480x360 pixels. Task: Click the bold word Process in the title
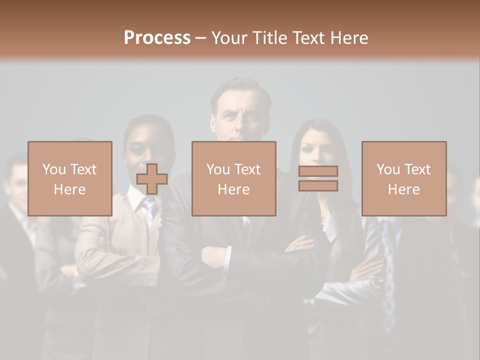pos(157,38)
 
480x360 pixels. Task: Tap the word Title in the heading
pos(268,38)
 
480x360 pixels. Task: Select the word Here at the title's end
pos(349,38)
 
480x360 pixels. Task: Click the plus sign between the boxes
pos(152,179)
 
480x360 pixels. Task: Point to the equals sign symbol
pos(318,178)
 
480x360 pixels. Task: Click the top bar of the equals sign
pos(318,171)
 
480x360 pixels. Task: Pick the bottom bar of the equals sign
pos(318,185)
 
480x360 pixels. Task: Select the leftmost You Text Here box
pos(70,178)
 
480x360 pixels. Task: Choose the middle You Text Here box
pos(233,178)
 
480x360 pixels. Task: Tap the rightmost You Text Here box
pos(403,178)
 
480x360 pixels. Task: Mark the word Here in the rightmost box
pos(403,189)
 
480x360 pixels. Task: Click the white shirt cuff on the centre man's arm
pos(227,258)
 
